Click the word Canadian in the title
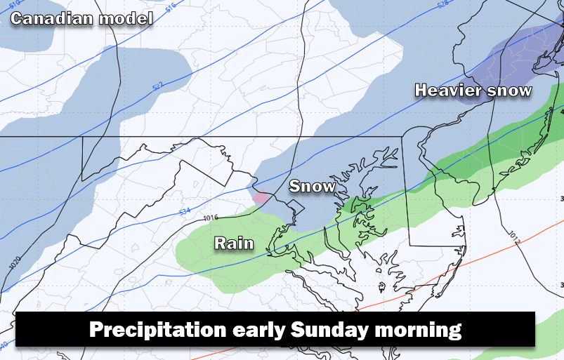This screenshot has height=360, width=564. pos(53,18)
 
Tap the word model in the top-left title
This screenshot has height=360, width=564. pos(126,18)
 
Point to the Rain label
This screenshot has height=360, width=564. pos(233,243)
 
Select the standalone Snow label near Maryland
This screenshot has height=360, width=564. pos(312,186)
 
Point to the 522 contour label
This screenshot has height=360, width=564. pos(157,86)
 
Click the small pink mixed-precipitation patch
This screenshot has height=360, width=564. pos(260,198)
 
